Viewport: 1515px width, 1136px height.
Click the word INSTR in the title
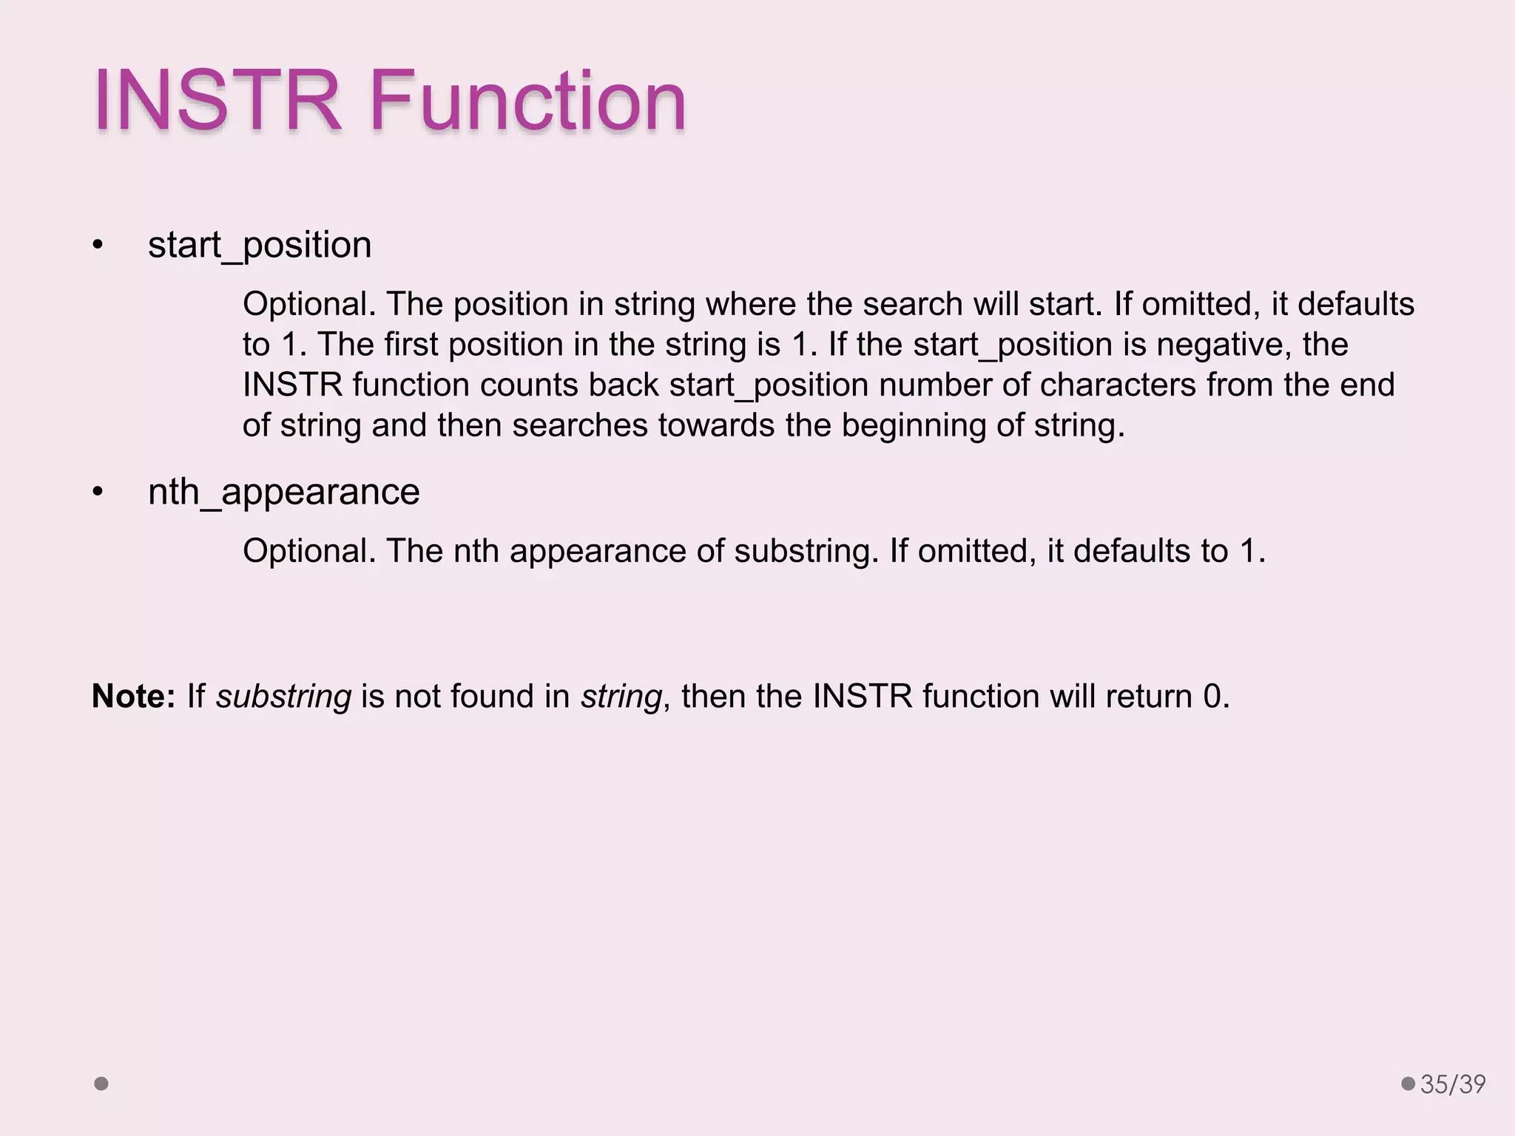[217, 101]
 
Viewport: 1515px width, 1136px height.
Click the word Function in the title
[527, 101]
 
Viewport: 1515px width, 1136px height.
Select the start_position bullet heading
[260, 245]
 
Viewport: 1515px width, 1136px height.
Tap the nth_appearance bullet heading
[283, 492]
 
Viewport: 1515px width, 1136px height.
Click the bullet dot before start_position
[98, 246]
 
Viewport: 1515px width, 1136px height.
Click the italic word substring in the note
[283, 697]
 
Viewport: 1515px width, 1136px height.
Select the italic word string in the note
[621, 697]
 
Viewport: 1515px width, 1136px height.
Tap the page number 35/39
[1453, 1084]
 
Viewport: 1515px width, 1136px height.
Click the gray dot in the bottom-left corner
[101, 1083]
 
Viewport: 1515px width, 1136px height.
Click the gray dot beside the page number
[1408, 1083]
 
